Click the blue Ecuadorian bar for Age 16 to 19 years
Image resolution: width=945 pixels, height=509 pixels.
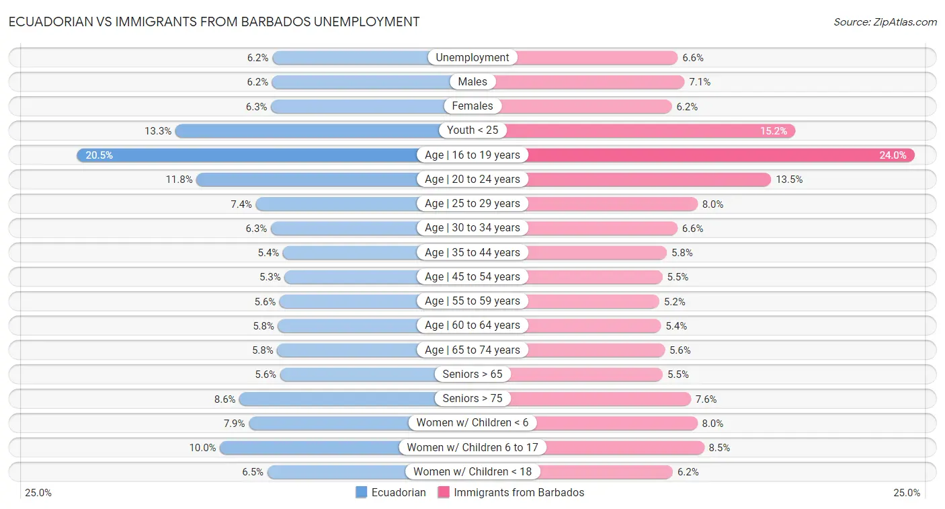(x=249, y=155)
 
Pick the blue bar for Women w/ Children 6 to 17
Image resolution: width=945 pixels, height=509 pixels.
(x=309, y=447)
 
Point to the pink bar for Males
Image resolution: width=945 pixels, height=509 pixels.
(x=591, y=82)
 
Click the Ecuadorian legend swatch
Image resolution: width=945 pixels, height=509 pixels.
(x=362, y=492)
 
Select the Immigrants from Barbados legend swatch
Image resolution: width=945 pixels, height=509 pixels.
(x=444, y=492)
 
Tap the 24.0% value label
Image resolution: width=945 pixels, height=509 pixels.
(x=893, y=155)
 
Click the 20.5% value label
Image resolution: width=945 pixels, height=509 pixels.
(x=99, y=155)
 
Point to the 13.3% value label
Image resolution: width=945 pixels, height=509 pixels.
(x=158, y=131)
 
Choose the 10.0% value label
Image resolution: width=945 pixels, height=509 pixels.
(x=202, y=448)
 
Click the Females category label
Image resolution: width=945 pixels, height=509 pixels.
(x=472, y=106)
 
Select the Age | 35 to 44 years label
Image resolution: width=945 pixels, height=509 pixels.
(x=472, y=252)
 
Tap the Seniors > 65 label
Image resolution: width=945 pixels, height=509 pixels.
(x=472, y=375)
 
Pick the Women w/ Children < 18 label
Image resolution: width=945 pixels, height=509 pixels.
(x=472, y=472)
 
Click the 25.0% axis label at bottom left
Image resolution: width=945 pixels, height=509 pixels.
(x=38, y=493)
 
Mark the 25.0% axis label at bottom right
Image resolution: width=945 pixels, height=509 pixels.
(x=906, y=493)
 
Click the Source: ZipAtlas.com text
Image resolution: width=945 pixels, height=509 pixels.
(x=885, y=22)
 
